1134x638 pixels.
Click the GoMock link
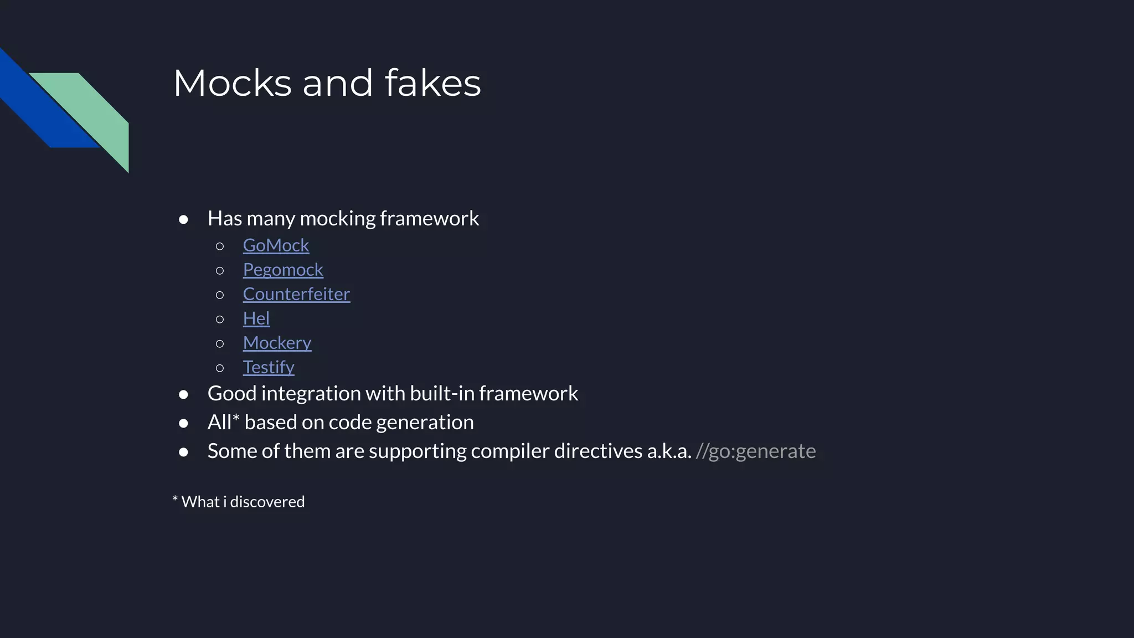click(276, 245)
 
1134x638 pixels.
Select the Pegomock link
click(283, 270)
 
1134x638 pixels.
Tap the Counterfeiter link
click(296, 294)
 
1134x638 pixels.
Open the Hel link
click(256, 318)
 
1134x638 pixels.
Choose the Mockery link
click(277, 343)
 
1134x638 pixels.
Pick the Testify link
click(269, 367)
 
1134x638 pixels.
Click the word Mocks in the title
click(233, 83)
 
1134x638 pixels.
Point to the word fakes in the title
click(432, 83)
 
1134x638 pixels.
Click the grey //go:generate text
click(755, 451)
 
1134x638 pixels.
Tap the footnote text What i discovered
click(243, 502)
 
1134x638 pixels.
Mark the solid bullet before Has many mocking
click(184, 220)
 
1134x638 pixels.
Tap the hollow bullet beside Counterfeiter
click(220, 295)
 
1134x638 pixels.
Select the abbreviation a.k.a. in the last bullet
click(669, 451)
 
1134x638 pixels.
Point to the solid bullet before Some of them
click(184, 452)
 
